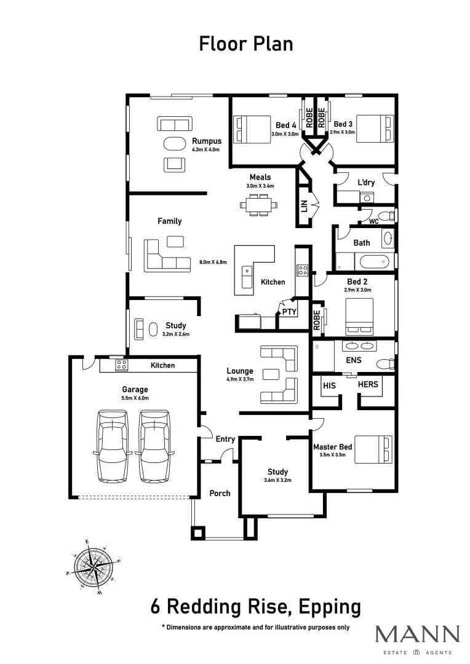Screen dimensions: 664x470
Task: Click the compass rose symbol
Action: [93, 567]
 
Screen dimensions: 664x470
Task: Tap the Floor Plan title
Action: [245, 44]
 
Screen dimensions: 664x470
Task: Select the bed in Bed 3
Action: [374, 129]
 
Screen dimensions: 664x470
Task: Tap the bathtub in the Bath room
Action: [375, 262]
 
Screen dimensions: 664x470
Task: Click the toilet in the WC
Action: [386, 216]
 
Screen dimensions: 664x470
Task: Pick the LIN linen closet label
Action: [304, 206]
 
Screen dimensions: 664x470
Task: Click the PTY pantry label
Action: [289, 312]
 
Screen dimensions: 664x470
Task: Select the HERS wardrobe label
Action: [368, 385]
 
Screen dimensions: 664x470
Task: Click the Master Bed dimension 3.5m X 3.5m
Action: [332, 456]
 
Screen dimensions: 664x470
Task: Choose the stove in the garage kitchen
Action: [122, 365]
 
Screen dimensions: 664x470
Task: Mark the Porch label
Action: [220, 493]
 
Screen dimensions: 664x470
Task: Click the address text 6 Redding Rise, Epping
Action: [255, 607]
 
